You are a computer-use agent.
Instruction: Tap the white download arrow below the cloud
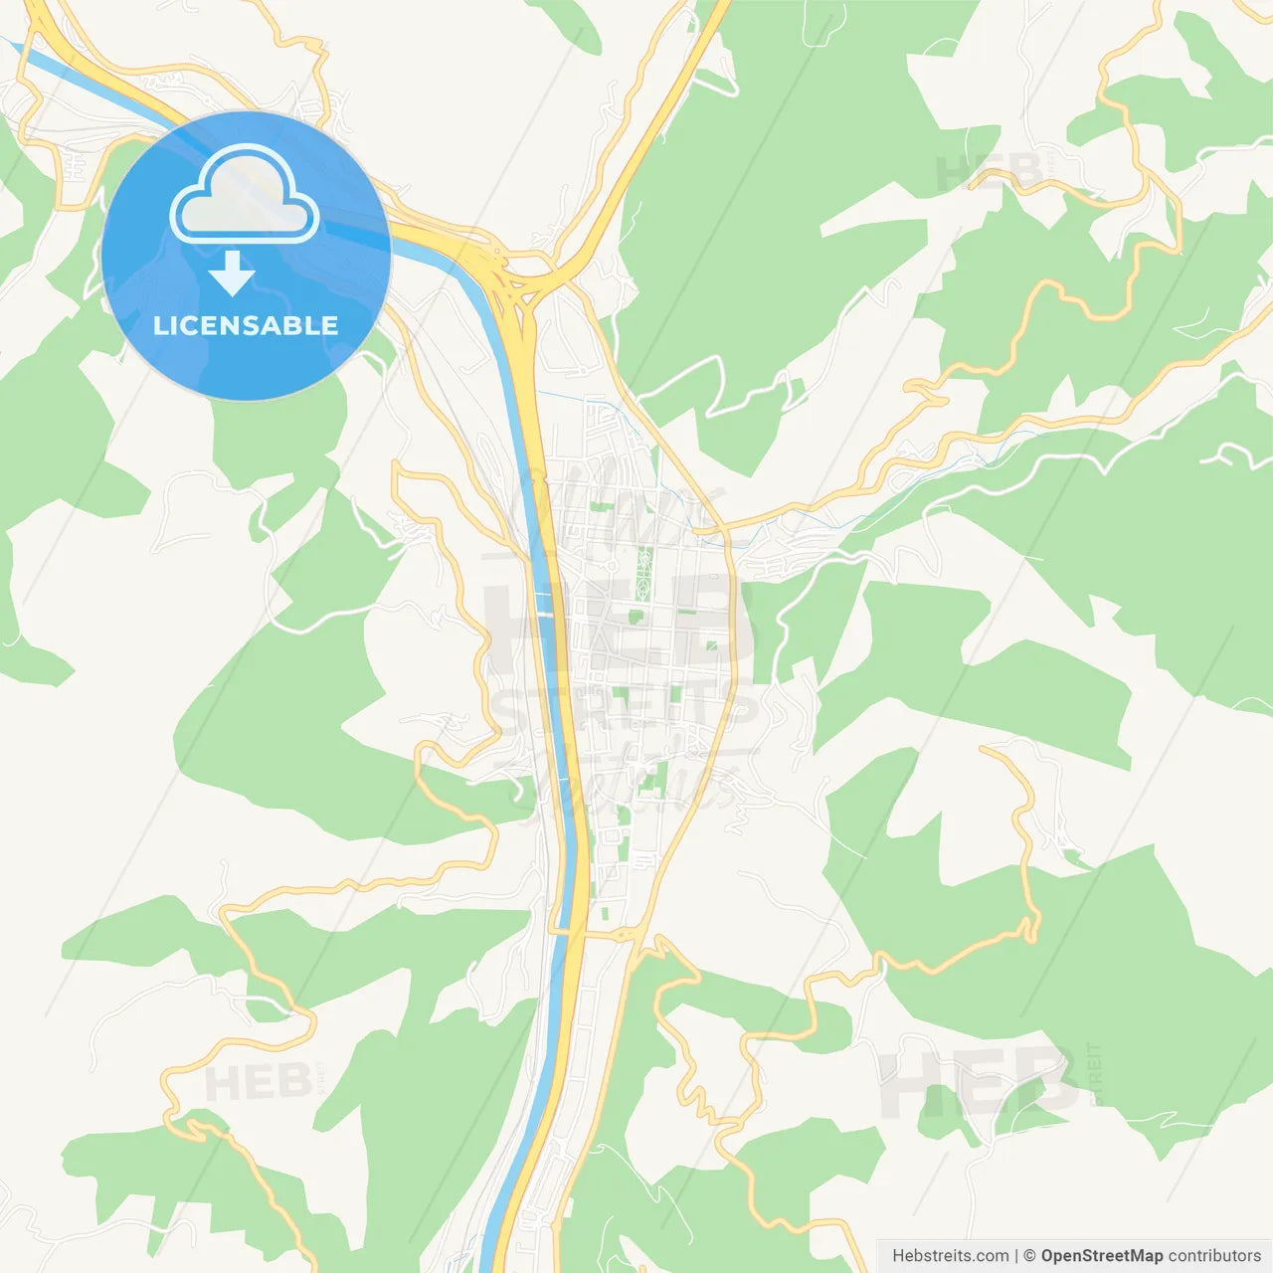point(233,273)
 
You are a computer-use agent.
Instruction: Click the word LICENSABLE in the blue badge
point(246,325)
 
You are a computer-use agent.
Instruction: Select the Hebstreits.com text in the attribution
point(950,1255)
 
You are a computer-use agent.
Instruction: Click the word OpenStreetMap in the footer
point(1101,1255)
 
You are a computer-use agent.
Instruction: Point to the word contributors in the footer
point(1214,1255)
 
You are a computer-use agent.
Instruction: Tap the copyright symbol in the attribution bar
point(1030,1255)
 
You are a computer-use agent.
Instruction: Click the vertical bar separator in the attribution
point(1015,1255)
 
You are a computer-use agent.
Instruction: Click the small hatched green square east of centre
point(711,647)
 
